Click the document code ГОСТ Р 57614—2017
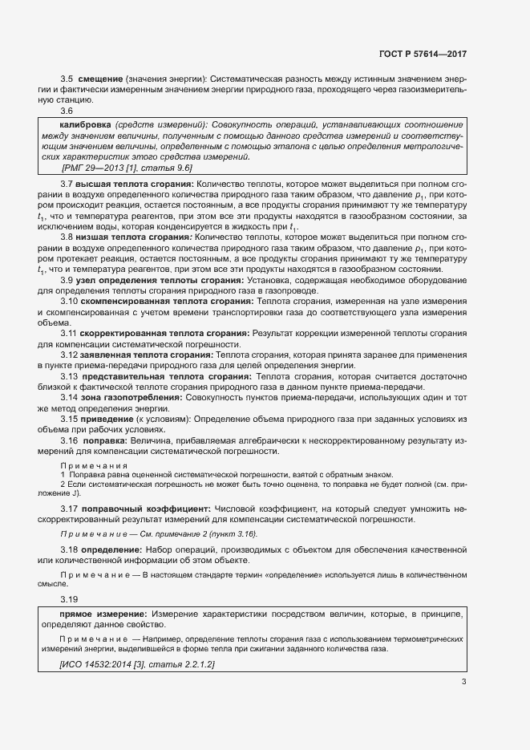coord(422,55)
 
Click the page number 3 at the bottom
coord(464,682)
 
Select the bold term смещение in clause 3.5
coord(100,78)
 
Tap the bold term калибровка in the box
coord(86,126)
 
